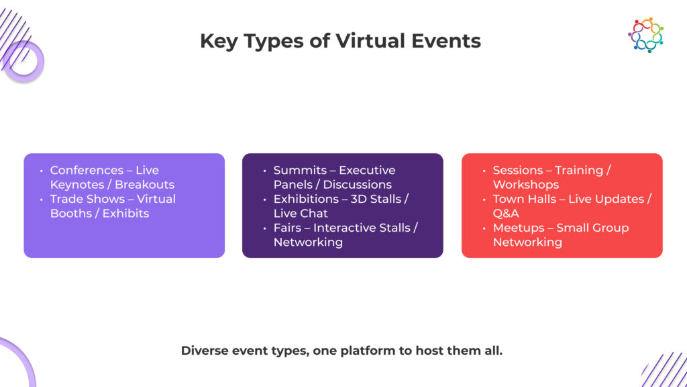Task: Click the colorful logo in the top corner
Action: point(645,34)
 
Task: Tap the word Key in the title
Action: point(221,41)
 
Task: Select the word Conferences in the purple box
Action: point(87,170)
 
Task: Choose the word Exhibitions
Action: point(306,199)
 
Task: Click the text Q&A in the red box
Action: point(506,214)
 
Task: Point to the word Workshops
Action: point(526,185)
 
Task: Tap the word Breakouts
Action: point(144,185)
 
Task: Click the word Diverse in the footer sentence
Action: point(205,350)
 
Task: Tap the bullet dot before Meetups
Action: point(484,228)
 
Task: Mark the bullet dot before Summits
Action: point(264,171)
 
